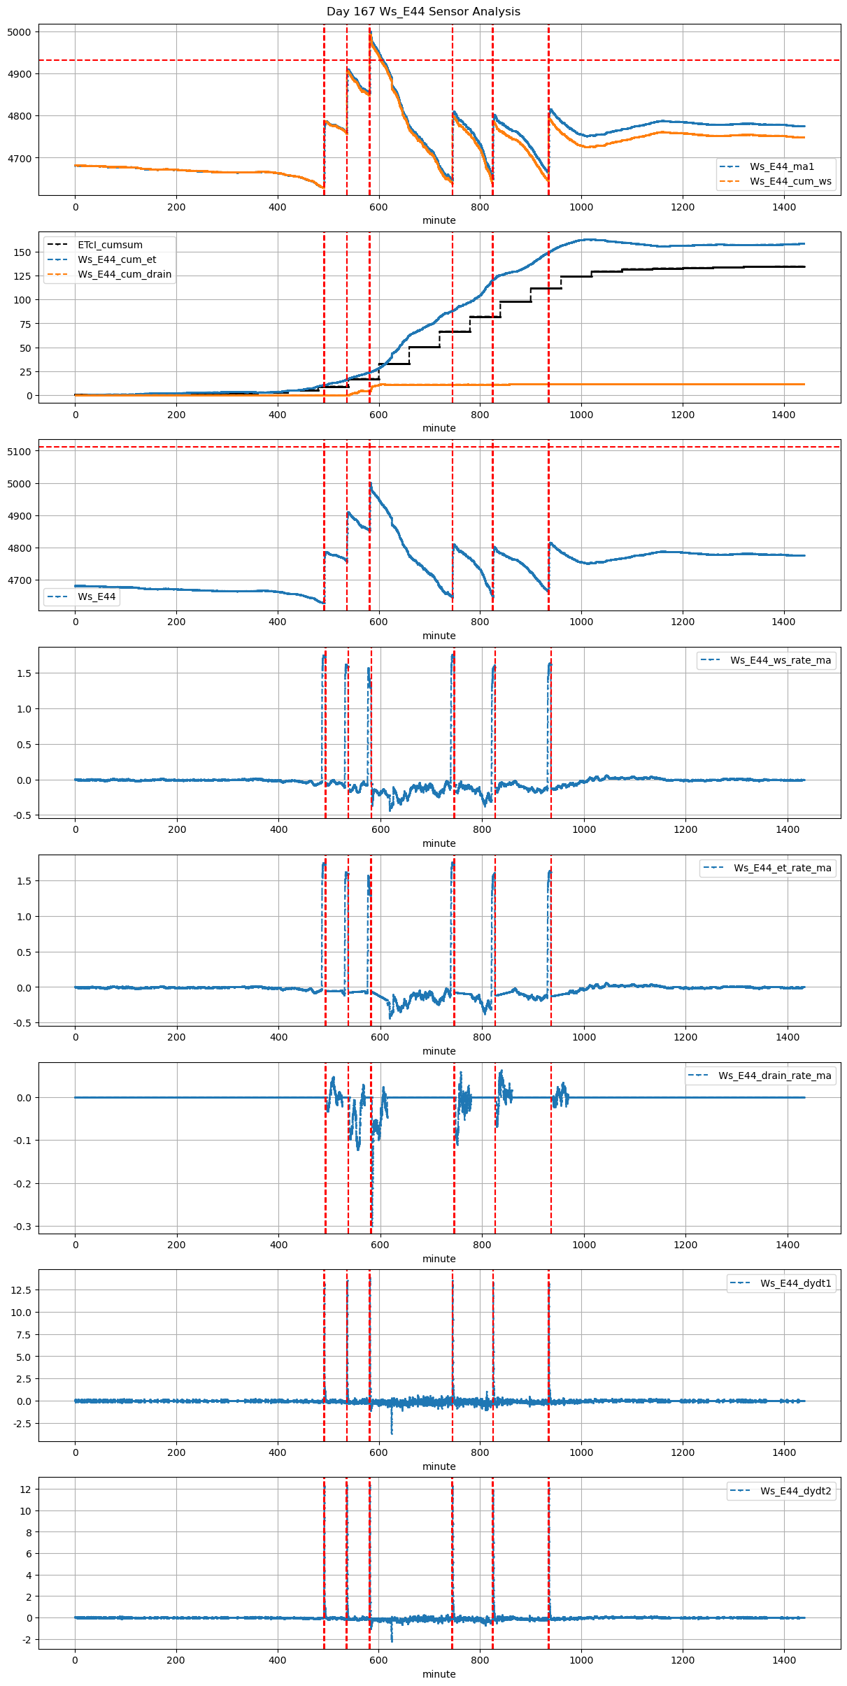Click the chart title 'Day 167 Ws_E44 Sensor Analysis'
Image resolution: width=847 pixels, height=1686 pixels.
[423, 11]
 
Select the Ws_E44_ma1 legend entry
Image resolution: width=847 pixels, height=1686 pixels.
[782, 166]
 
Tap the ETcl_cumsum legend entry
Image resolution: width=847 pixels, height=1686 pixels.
[110, 245]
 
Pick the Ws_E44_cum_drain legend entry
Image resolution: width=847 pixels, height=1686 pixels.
[124, 274]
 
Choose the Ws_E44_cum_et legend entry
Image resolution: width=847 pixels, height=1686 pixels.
[117, 259]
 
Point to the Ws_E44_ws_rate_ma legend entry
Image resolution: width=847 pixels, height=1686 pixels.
[781, 660]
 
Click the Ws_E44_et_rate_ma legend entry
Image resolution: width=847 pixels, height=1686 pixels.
[782, 868]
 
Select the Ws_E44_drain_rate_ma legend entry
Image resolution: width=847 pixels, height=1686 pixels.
[774, 1076]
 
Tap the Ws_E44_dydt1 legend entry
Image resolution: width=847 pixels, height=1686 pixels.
[796, 1283]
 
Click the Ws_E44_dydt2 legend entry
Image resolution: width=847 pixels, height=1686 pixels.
[796, 1491]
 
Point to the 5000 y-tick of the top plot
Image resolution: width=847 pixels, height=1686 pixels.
[19, 32]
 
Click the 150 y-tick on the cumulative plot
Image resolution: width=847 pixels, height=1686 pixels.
[23, 252]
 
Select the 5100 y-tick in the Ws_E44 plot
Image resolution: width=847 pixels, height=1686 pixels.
[19, 452]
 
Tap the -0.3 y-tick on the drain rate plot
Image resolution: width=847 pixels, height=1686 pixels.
[22, 1227]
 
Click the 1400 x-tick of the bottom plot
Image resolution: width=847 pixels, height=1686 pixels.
[784, 1660]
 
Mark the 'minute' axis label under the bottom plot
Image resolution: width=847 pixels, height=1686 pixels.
[439, 1674]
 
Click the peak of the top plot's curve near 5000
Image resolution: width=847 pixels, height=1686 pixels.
[370, 31]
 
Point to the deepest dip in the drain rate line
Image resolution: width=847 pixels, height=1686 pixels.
[372, 1224]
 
